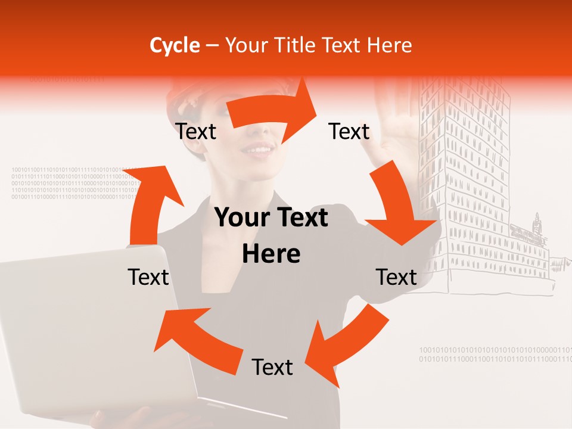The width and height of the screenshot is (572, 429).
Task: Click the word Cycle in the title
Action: tap(175, 45)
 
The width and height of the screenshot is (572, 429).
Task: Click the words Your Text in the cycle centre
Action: tap(271, 218)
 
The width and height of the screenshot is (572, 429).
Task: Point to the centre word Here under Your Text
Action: tap(271, 254)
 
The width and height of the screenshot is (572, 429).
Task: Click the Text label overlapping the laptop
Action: tap(148, 277)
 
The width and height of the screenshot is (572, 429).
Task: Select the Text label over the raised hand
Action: tap(349, 131)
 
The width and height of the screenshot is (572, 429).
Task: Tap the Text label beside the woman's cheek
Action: tap(195, 131)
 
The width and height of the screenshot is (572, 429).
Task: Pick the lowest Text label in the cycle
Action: tap(272, 367)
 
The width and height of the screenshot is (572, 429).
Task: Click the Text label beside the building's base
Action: tap(396, 277)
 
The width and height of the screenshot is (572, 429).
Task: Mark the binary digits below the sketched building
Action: tap(495, 355)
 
